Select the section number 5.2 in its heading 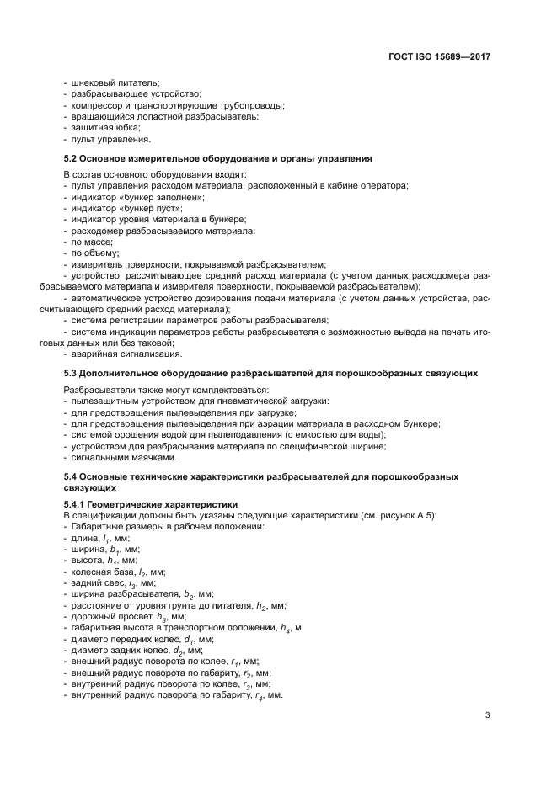tap(72, 158)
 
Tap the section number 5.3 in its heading tap(72, 372)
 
